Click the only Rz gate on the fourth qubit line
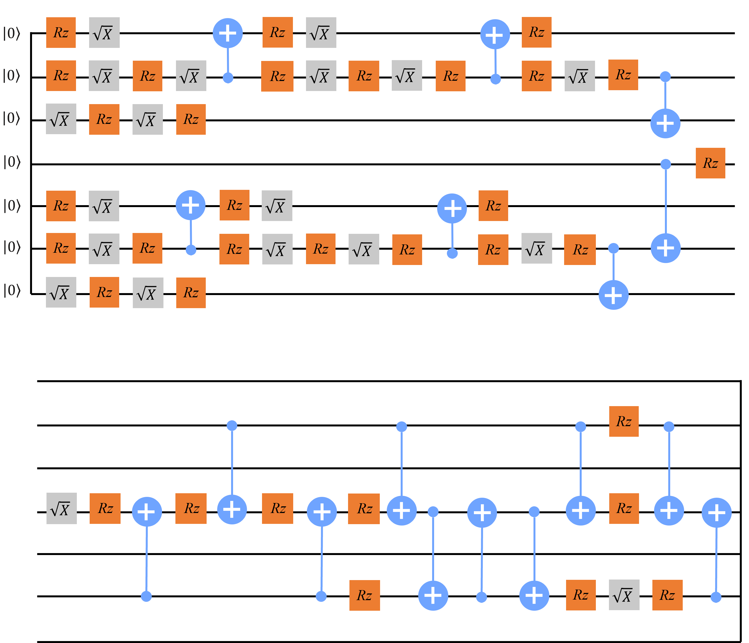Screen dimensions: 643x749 coord(710,163)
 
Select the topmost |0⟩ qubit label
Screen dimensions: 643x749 coord(12,33)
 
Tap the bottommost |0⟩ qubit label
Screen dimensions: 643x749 coord(12,290)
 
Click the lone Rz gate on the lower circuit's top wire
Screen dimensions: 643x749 coord(624,421)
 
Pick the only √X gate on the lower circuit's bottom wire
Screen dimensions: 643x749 coord(624,595)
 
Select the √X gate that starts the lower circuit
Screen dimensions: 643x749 coord(62,509)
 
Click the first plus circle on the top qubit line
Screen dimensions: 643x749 coord(227,33)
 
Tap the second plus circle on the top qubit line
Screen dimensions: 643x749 coord(495,34)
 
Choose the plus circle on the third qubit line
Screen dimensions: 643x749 coord(665,123)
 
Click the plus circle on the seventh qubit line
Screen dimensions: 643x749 coord(613,295)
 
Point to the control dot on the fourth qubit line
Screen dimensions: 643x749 coord(665,165)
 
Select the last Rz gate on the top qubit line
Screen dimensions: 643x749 coord(537,32)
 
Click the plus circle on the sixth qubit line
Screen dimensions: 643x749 coord(665,248)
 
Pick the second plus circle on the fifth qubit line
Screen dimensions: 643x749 coord(452,208)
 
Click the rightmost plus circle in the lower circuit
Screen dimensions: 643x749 coord(716,512)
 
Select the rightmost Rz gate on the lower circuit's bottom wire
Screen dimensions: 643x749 coord(667,595)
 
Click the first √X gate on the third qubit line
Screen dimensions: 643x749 coord(61,119)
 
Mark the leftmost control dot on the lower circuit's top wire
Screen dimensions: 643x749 coord(232,425)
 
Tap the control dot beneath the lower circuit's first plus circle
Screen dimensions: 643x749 coord(146,596)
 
